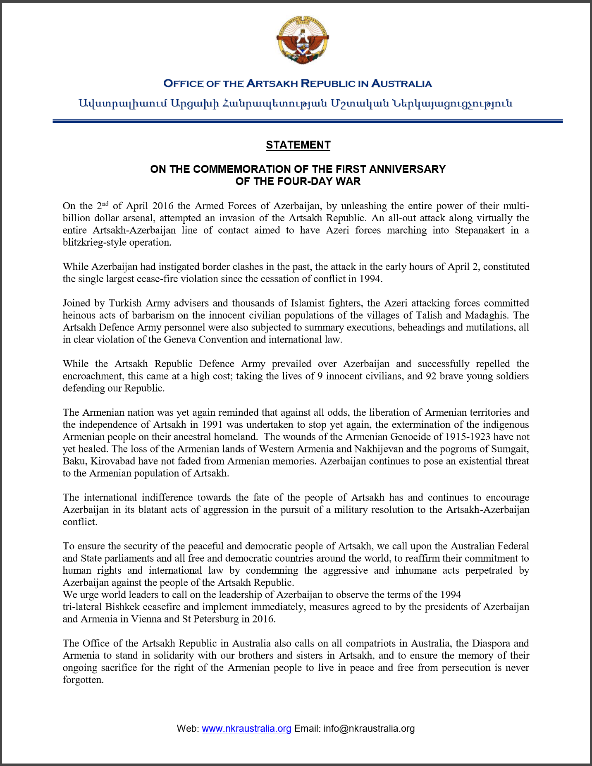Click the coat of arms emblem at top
tap(302, 40)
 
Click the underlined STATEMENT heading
tap(298, 145)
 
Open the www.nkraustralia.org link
tap(246, 728)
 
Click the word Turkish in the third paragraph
tap(125, 303)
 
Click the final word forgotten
tap(83, 680)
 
